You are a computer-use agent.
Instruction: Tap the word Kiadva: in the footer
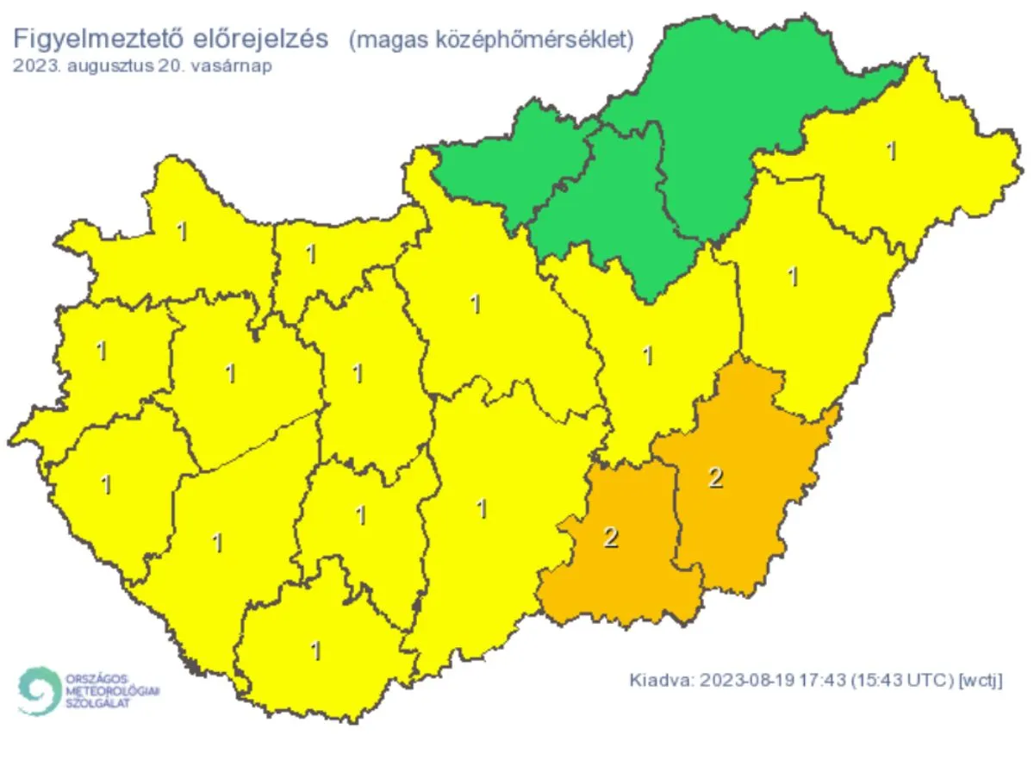(x=661, y=680)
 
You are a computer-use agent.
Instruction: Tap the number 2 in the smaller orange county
(x=611, y=538)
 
